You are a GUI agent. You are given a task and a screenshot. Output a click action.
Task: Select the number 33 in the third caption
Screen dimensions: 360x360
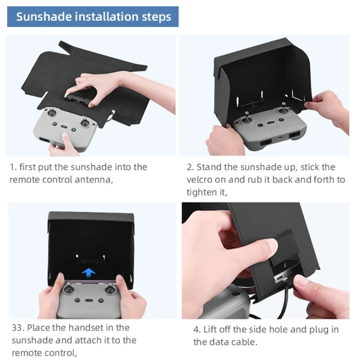(18, 328)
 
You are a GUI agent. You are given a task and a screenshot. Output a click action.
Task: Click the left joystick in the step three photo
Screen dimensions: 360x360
(68, 288)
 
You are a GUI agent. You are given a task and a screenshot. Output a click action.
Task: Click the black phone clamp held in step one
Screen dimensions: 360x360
(77, 100)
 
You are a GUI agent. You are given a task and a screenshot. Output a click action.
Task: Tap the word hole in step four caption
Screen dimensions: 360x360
(279, 329)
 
